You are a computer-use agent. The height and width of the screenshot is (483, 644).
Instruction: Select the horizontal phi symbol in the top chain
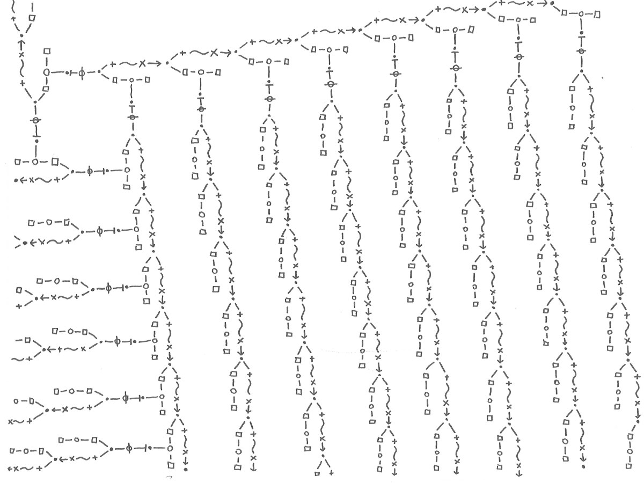82,72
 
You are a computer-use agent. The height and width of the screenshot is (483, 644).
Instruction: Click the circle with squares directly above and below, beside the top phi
47,71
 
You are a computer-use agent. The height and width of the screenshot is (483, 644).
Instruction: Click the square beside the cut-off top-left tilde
33,18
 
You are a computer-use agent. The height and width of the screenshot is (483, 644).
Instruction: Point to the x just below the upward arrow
21,55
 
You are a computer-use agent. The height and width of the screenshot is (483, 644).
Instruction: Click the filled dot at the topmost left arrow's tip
17,180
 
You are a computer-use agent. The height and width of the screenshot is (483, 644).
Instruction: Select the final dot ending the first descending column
185,470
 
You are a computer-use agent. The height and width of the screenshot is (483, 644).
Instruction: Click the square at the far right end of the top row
598,15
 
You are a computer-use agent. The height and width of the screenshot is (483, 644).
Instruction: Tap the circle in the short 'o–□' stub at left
17,401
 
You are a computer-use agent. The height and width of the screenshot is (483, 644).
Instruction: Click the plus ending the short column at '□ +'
331,473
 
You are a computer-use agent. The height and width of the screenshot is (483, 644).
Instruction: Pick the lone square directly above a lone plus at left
19,290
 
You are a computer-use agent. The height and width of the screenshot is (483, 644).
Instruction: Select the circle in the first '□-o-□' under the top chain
131,80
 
